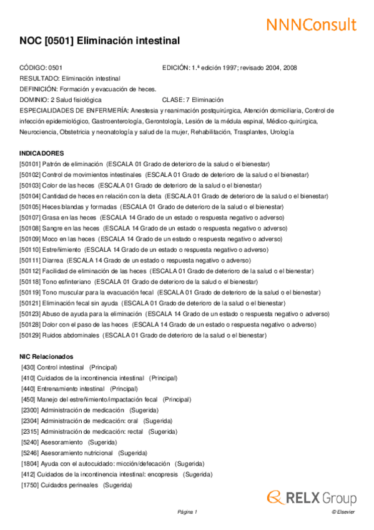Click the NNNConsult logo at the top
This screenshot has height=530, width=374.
311,24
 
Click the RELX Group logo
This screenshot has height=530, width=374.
312,497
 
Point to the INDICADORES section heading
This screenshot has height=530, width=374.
42,153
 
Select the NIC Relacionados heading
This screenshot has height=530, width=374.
47,356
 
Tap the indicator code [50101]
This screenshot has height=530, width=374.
30,164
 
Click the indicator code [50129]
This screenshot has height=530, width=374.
30,335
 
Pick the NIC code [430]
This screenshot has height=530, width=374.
27,367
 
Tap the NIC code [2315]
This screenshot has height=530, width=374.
29,432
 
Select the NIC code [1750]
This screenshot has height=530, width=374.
29,485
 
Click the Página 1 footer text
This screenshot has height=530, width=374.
187,512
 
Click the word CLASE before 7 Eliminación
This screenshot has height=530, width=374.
172,99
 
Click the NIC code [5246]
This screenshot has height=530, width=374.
29,453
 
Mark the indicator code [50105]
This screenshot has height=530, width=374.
30,206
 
